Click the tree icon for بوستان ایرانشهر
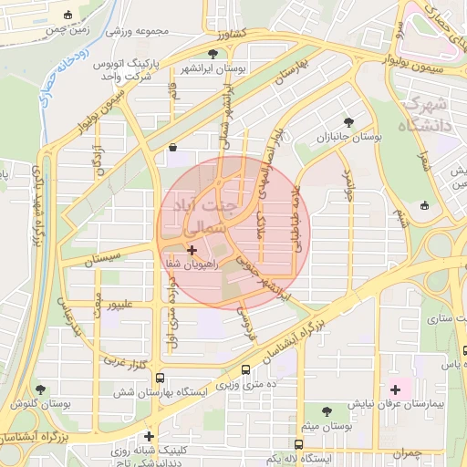[213, 54]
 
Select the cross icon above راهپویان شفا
[192, 249]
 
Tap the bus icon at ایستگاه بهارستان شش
[161, 378]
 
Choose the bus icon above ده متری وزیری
[246, 369]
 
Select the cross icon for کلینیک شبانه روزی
[149, 436]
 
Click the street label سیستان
[101, 261]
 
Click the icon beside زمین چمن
[69, 15]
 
